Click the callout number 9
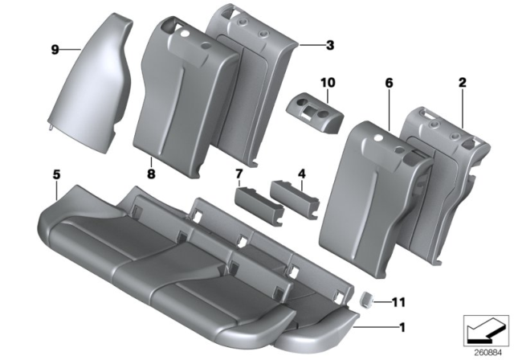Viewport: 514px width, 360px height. [55, 49]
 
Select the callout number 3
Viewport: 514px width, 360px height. [329, 45]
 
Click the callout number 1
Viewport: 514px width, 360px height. [402, 327]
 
